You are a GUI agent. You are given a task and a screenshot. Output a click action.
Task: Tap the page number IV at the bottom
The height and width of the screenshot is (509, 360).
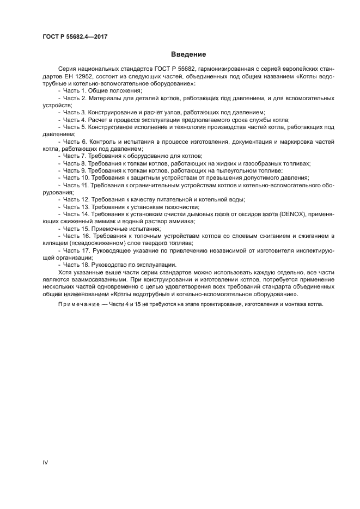click(45, 463)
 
